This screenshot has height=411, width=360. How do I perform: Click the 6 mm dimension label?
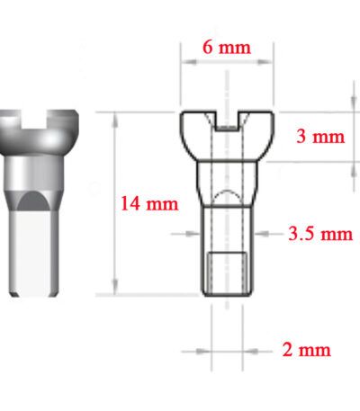[x=227, y=48]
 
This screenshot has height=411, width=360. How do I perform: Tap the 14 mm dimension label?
[x=149, y=203]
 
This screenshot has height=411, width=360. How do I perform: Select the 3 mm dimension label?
[x=320, y=137]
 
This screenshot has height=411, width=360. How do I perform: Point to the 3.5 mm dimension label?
[x=320, y=234]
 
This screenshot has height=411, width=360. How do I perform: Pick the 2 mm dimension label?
[x=306, y=350]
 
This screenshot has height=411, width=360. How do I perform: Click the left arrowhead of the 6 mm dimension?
[x=189, y=62]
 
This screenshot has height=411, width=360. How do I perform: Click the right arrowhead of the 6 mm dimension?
[x=265, y=62]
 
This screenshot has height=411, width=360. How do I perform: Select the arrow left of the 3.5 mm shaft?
[x=185, y=234]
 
